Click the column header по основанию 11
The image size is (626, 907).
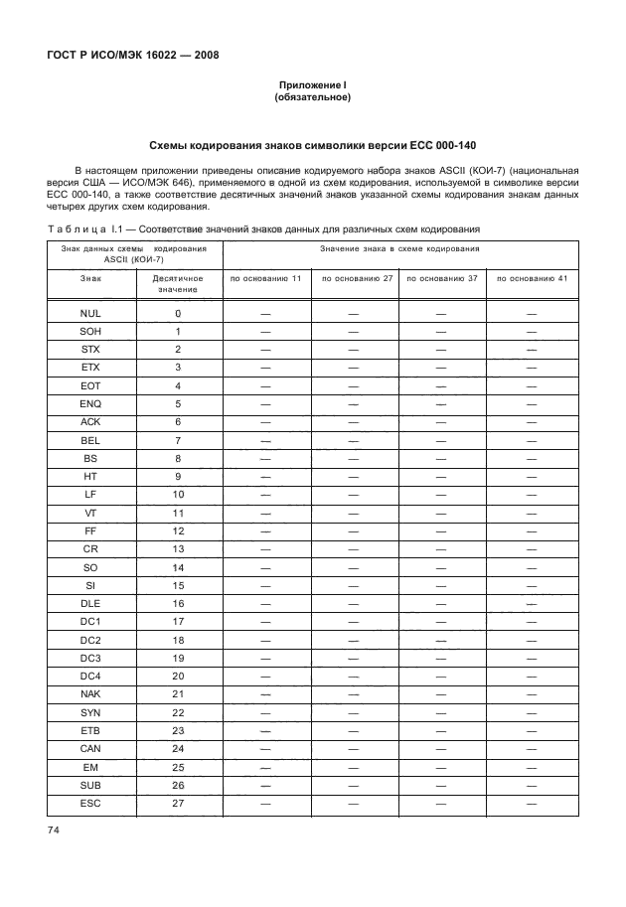pyautogui.click(x=265, y=278)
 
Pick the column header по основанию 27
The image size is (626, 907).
pyautogui.click(x=355, y=278)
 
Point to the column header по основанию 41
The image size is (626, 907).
pyautogui.click(x=532, y=278)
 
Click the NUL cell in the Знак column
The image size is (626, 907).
pyautogui.click(x=90, y=313)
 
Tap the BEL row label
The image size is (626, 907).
pyautogui.click(x=90, y=439)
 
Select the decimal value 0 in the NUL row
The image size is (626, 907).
pyautogui.click(x=179, y=313)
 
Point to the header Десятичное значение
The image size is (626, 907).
pyautogui.click(x=179, y=283)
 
